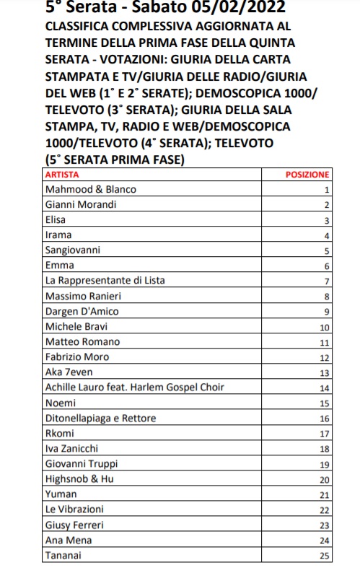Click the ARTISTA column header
(x=62, y=175)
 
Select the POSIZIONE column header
(x=308, y=175)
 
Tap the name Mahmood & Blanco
(x=90, y=190)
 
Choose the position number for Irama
(x=327, y=236)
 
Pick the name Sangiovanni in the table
(x=73, y=250)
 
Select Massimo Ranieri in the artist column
(x=82, y=297)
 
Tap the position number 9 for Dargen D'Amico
(x=327, y=312)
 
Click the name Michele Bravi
(x=75, y=327)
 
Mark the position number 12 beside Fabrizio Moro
(x=325, y=358)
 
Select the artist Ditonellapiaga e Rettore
(x=100, y=419)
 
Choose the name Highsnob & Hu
(x=79, y=479)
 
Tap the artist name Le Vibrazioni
(x=74, y=509)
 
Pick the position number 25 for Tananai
(x=325, y=556)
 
